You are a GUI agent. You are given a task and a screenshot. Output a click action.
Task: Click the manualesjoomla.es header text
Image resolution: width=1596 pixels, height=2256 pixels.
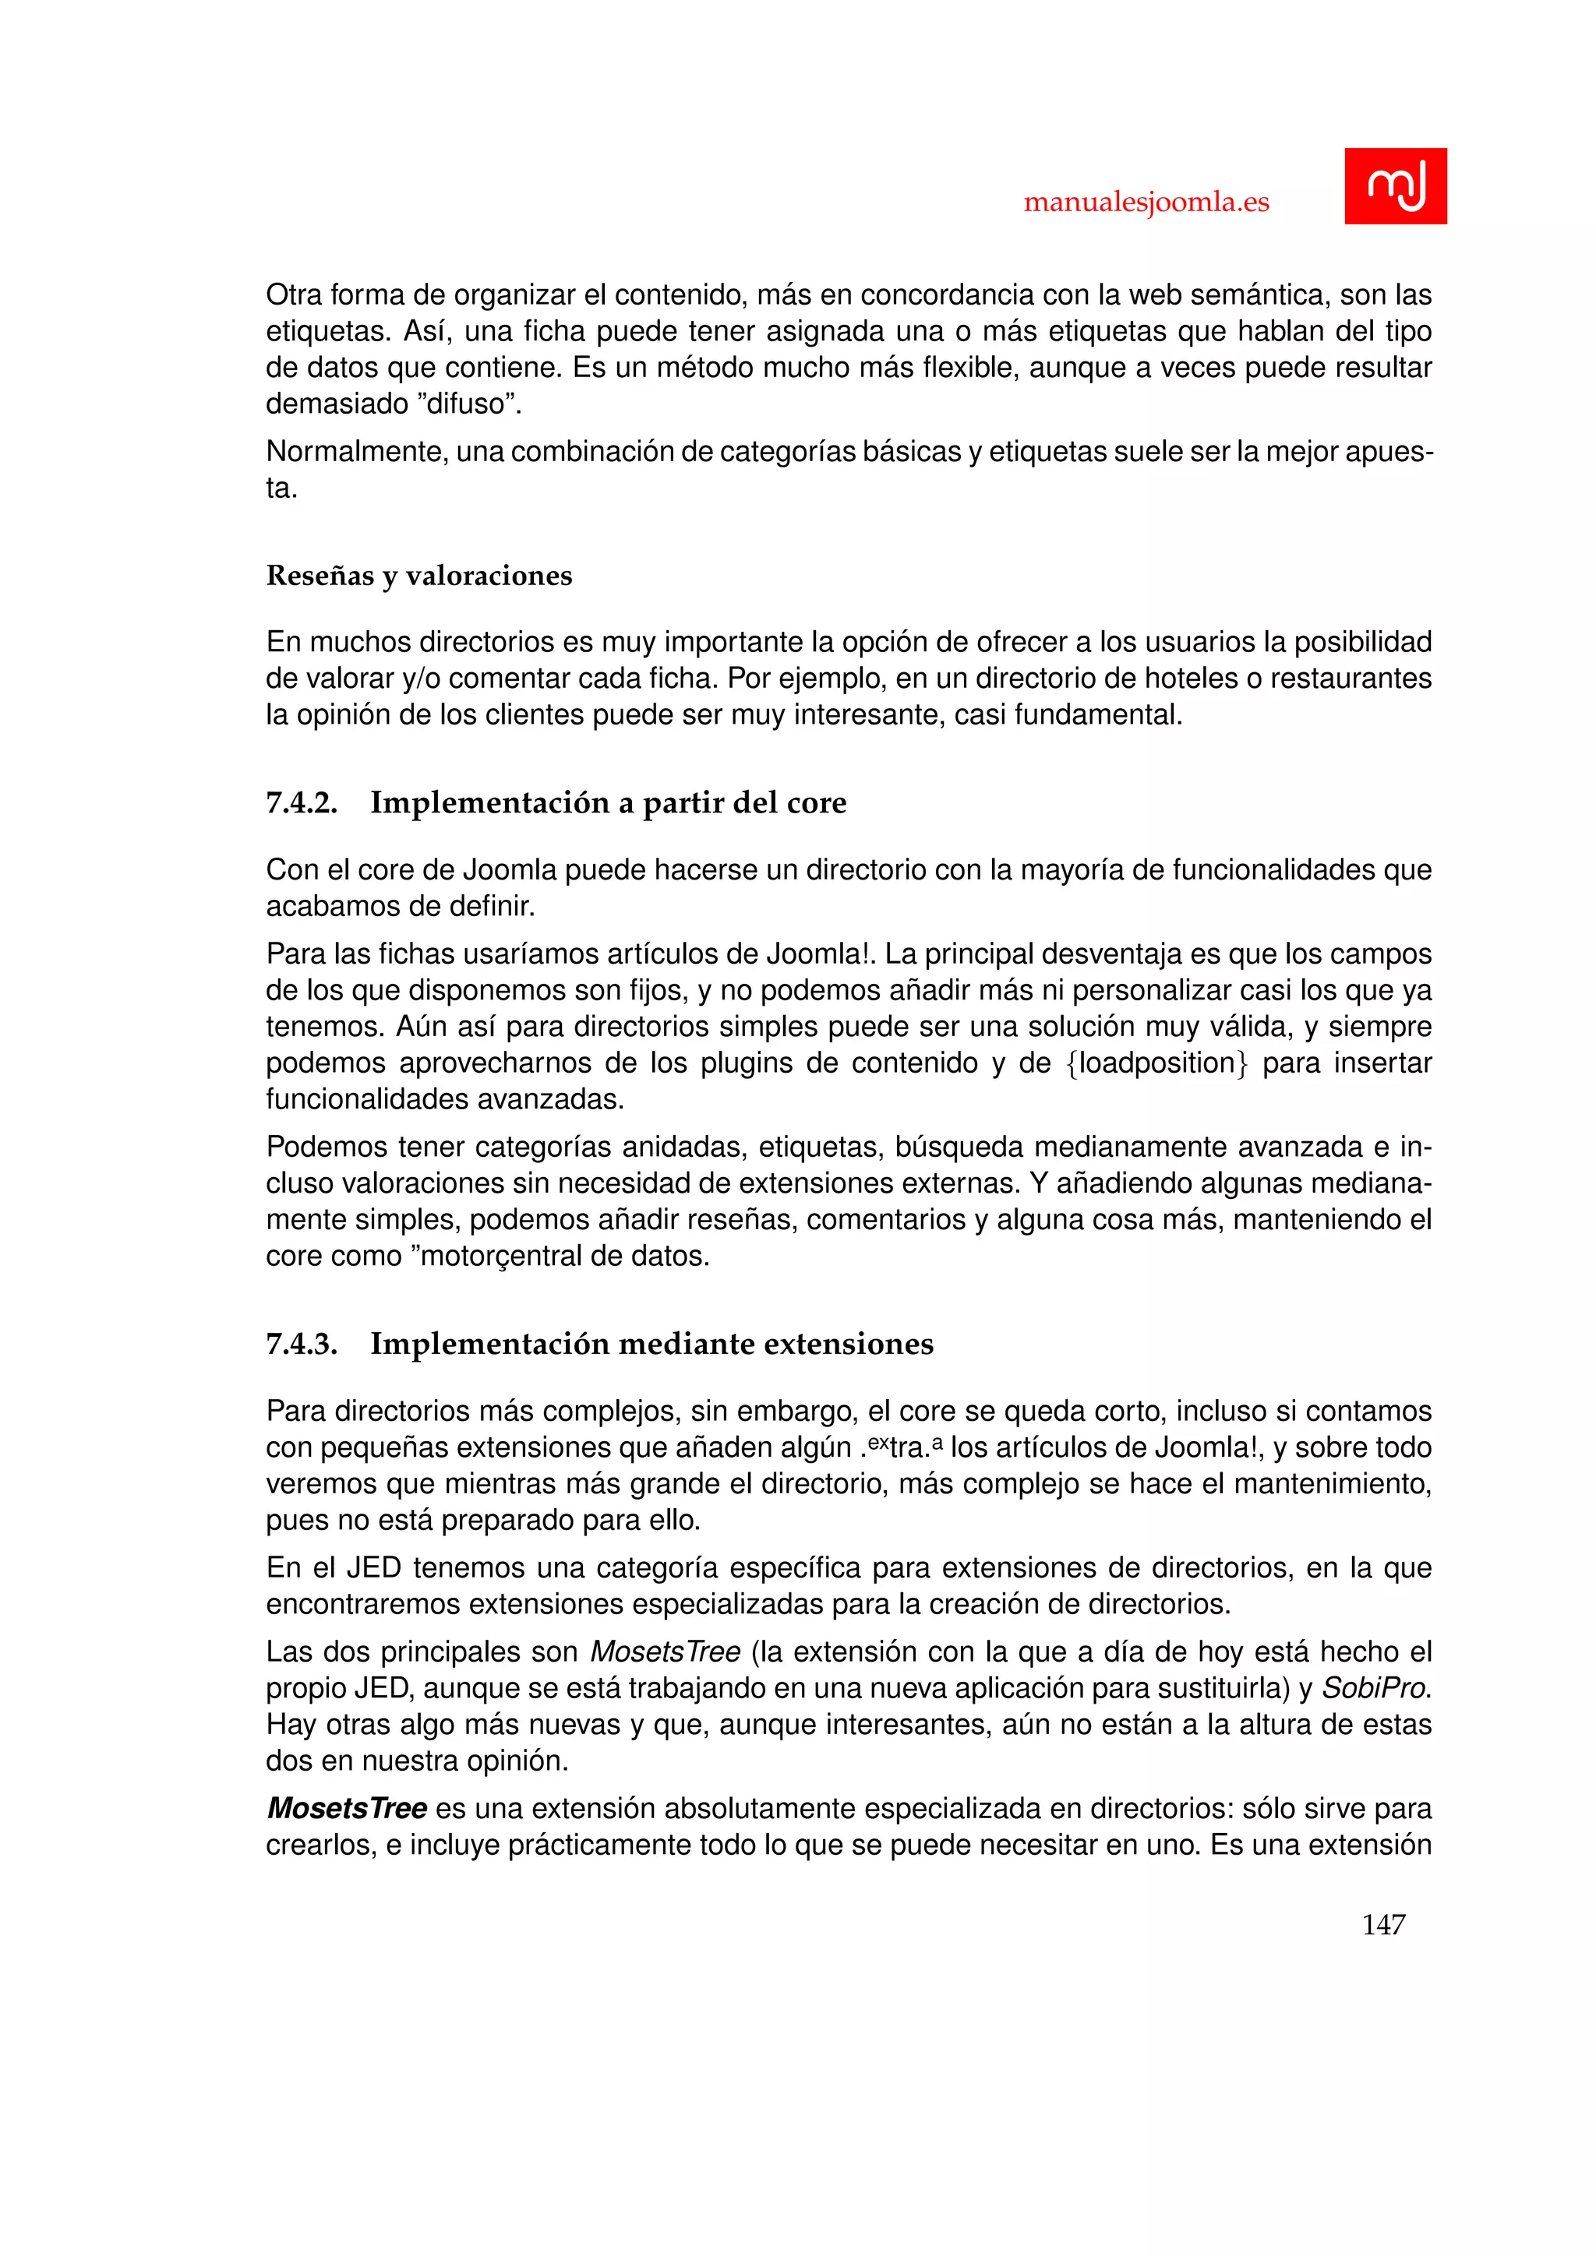tap(1146, 203)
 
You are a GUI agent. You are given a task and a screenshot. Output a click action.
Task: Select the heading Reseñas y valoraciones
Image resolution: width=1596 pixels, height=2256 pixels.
tap(418, 576)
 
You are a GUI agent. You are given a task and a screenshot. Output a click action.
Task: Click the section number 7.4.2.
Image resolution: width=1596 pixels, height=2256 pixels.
tap(301, 803)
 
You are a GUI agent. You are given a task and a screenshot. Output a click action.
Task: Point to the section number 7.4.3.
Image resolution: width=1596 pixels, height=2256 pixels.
tap(301, 1343)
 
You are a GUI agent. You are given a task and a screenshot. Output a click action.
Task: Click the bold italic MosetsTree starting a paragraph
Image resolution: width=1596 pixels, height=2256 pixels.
tap(347, 1808)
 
